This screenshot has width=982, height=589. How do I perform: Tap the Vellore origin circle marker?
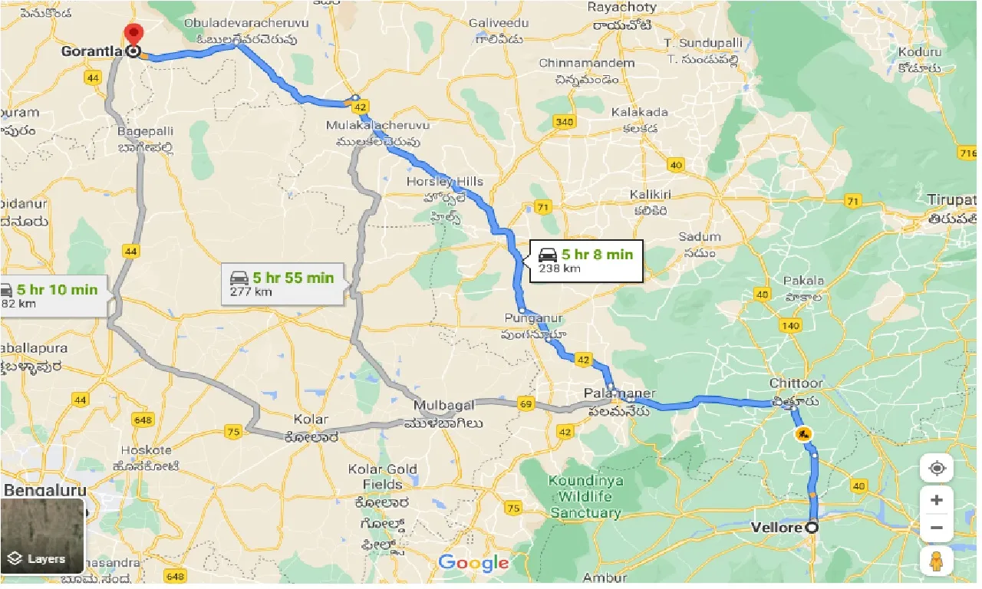coord(812,528)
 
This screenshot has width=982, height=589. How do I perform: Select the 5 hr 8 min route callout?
coord(585,261)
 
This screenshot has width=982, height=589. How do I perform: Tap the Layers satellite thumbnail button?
coord(42,537)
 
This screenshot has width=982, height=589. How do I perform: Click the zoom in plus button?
coord(936,501)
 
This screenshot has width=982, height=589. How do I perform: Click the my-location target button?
coord(936,468)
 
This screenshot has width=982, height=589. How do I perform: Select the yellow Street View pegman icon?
coord(936,561)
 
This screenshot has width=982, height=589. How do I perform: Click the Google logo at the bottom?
coord(473,563)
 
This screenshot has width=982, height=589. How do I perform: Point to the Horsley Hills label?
coord(445,182)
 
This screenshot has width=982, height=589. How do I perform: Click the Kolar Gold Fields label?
coord(383,476)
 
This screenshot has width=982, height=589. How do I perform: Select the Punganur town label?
coord(533,318)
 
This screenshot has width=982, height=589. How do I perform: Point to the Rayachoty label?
coord(621,8)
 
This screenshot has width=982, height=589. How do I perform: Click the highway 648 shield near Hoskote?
coord(143,420)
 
